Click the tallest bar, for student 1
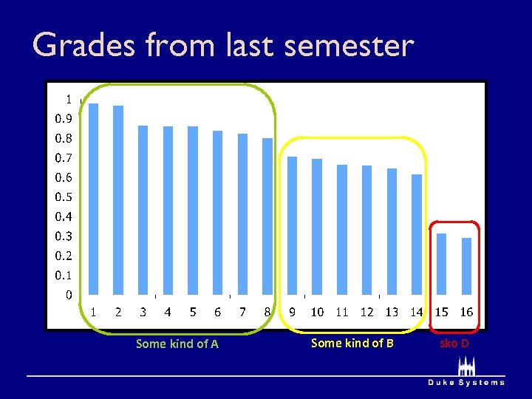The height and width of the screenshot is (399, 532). click(x=93, y=199)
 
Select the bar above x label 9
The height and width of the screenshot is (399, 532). click(x=292, y=225)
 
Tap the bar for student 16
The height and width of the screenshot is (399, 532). click(x=466, y=266)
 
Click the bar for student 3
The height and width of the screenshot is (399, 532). click(x=143, y=211)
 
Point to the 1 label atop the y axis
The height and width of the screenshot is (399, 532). click(x=69, y=99)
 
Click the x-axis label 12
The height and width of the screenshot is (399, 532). click(x=366, y=313)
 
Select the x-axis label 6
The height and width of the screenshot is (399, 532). click(x=217, y=313)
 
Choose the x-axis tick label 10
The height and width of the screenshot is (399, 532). click(x=317, y=313)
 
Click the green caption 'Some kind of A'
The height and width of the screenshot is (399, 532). click(x=177, y=344)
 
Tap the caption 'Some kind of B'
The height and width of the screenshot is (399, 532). click(x=352, y=343)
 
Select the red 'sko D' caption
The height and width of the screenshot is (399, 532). click(x=454, y=344)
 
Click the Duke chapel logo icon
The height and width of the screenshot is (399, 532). click(x=465, y=367)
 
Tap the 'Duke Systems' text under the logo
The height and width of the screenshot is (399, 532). click(x=466, y=383)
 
